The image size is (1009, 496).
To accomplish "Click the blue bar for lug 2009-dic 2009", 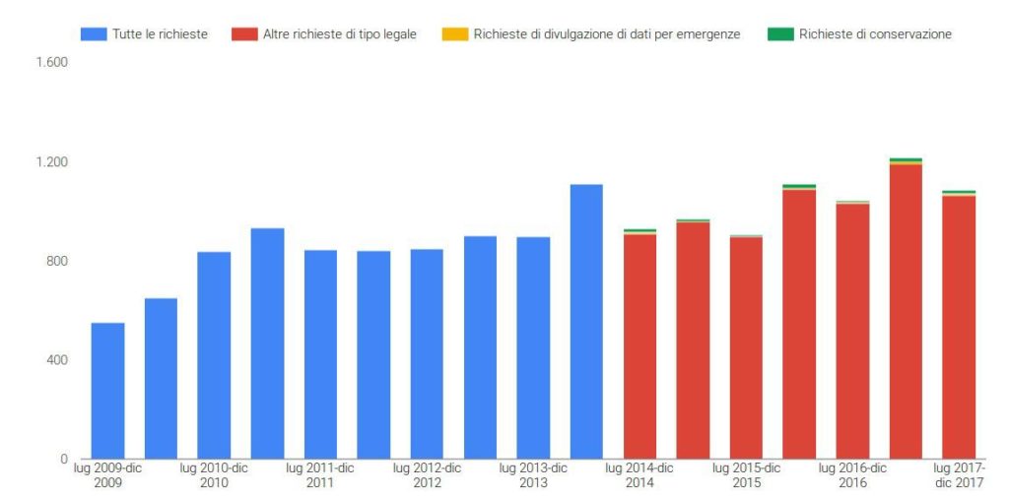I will pyautogui.click(x=107, y=391).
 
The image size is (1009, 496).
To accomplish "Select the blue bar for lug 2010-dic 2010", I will pyautogui.click(x=214, y=355).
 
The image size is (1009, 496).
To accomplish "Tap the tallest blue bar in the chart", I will pyautogui.click(x=586, y=321).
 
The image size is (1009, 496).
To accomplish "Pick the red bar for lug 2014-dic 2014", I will pyautogui.click(x=639, y=346).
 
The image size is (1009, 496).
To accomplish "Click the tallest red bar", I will pyautogui.click(x=906, y=311).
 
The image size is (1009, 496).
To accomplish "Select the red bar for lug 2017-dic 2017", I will pyautogui.click(x=959, y=327).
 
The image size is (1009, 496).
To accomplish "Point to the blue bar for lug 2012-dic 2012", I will pyautogui.click(x=427, y=353).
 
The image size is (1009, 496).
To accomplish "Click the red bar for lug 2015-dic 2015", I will pyautogui.click(x=746, y=347).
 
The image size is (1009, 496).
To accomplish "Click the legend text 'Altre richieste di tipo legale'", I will pyautogui.click(x=340, y=34).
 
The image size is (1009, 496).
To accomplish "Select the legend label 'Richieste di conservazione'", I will pyautogui.click(x=875, y=34).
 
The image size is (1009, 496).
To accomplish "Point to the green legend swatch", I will pyautogui.click(x=780, y=34).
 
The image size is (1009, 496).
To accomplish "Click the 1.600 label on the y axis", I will pyautogui.click(x=51, y=62).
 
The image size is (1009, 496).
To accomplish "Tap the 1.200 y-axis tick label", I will pyautogui.click(x=51, y=161).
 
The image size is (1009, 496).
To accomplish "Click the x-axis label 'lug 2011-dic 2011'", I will pyautogui.click(x=320, y=475).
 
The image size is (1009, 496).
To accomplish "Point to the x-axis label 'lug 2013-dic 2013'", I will pyautogui.click(x=533, y=475).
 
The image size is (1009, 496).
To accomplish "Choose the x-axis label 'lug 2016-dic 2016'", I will pyautogui.click(x=852, y=475).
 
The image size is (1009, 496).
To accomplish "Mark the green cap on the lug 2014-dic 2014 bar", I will pyautogui.click(x=639, y=230).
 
